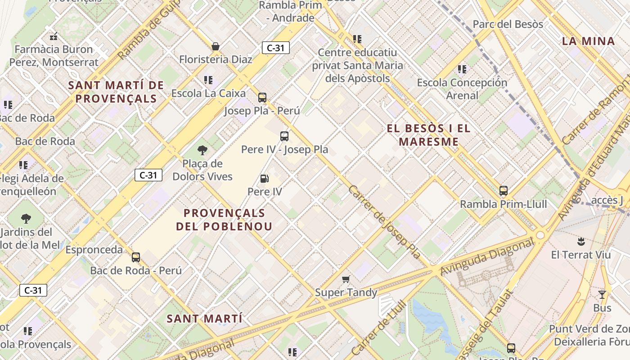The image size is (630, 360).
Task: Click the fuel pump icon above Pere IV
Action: tap(265, 179)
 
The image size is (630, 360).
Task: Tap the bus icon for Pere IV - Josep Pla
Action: tap(284, 136)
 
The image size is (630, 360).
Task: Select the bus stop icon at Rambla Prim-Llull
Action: tap(504, 191)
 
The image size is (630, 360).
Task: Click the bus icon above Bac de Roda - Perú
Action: tap(136, 257)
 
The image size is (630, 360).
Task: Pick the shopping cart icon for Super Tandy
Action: tap(346, 279)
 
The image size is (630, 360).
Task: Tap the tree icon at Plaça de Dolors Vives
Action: tap(202, 150)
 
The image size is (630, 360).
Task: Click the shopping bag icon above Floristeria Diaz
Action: tap(216, 46)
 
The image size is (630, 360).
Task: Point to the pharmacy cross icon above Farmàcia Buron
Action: tap(54, 36)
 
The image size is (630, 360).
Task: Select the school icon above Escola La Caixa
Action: tap(208, 80)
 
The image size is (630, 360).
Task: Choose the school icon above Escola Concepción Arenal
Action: tap(462, 69)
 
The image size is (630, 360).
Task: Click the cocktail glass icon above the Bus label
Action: tap(602, 295)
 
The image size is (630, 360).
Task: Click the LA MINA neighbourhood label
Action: tap(588, 41)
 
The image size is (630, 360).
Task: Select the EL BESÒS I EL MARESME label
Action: tap(428, 135)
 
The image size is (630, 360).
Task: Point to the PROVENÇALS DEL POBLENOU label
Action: tap(224, 219)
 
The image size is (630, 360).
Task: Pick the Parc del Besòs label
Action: tap(508, 24)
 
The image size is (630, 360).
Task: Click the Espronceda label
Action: tap(94, 249)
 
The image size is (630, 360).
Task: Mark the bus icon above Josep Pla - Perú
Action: tap(262, 97)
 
